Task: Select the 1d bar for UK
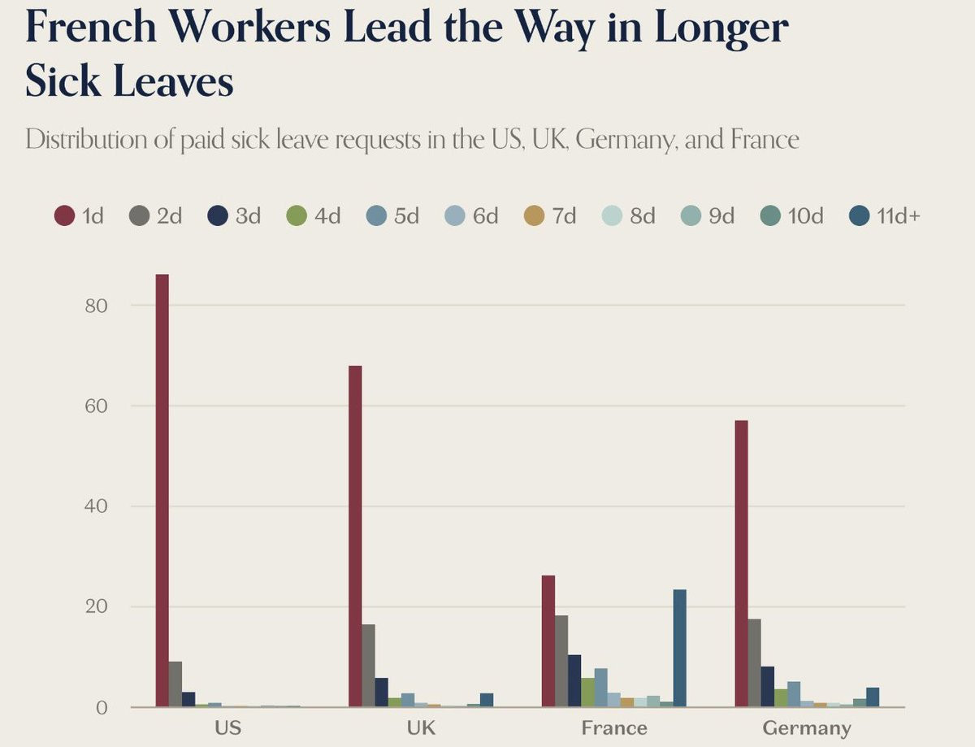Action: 355,536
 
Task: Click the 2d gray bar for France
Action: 561,661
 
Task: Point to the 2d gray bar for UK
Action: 368,665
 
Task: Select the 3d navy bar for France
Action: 574,680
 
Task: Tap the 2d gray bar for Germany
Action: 754,662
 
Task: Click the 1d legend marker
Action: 65,216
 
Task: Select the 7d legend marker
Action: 534,216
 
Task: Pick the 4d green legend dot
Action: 297,216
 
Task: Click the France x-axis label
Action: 614,727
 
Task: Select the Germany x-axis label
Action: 807,727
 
